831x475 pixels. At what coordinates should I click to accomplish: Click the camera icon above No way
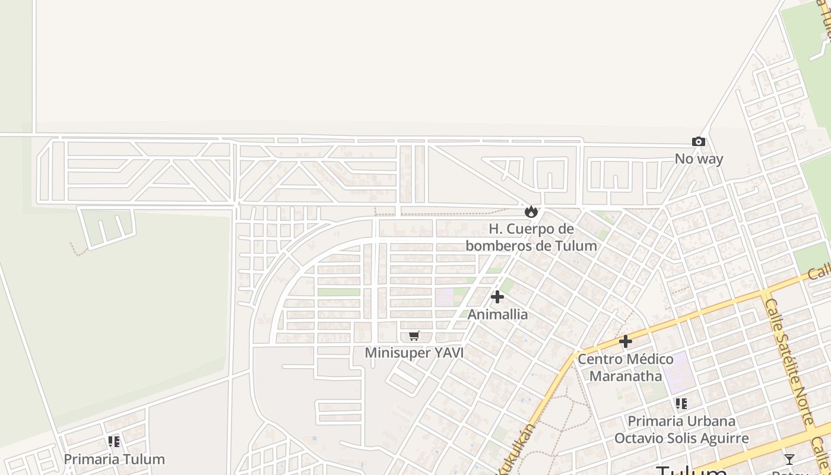699,141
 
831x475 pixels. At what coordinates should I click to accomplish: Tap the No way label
699,159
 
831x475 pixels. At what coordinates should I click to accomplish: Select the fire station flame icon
531,211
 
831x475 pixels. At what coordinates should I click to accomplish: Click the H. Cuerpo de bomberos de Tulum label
531,237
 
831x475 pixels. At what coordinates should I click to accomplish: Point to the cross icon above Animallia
497,297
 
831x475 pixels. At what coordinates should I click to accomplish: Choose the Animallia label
497,314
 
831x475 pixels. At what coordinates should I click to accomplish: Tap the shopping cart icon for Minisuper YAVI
414,336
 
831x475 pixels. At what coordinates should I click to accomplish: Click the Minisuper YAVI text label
414,353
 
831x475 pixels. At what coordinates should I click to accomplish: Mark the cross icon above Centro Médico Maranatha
625,341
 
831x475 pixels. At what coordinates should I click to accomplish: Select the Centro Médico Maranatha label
625,368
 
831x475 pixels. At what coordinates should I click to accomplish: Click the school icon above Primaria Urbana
681,404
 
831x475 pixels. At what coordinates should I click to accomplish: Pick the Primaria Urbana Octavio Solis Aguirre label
681,430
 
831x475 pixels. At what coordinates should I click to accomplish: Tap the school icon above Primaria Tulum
114,442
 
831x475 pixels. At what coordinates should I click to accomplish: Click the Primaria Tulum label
114,459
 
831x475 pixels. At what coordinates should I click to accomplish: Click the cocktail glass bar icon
789,459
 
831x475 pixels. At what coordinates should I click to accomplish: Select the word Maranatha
625,376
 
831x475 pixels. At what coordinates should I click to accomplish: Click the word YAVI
449,353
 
